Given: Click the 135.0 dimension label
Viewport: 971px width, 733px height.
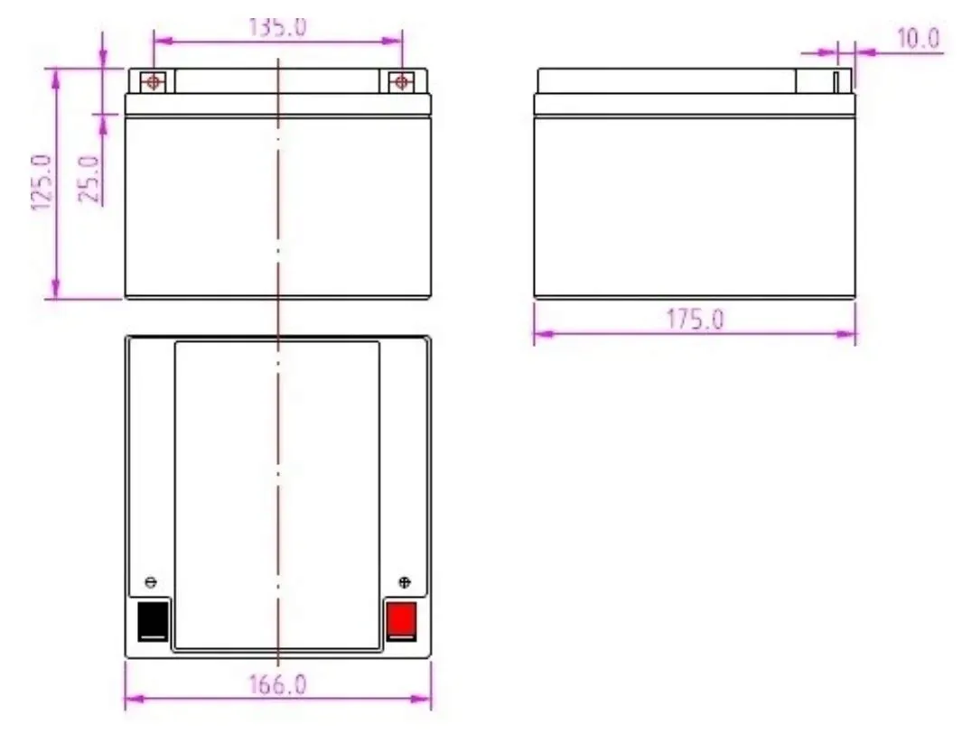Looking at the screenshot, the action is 277,27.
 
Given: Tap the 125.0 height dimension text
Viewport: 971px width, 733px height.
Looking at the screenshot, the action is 42,182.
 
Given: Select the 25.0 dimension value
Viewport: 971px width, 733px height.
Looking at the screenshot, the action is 89,179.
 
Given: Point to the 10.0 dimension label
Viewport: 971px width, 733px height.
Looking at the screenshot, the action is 919,39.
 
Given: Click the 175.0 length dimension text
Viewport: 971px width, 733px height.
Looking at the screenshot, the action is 695,320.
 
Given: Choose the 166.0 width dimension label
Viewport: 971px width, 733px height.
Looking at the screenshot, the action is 277,685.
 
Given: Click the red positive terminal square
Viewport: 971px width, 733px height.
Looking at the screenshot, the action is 401,619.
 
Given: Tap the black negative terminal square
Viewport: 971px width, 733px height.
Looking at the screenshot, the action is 153,620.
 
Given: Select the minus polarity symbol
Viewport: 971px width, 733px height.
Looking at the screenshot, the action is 151,582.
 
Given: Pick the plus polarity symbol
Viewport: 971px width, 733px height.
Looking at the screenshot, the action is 405,582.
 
